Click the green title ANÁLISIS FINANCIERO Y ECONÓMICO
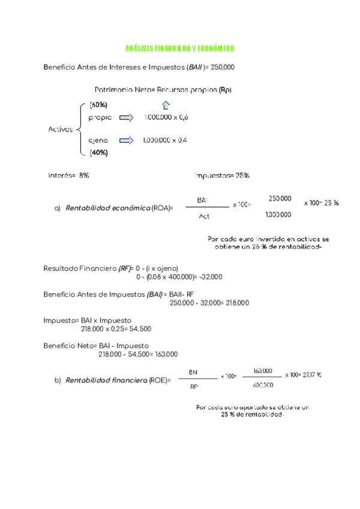point(179,48)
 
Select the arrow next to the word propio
point(126,118)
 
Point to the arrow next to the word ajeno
point(126,140)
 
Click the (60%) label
point(98,105)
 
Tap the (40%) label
point(98,152)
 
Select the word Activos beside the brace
point(61,129)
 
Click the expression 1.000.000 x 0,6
point(166,118)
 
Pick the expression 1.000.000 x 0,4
point(165,140)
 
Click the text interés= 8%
point(69,175)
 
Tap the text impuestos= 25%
point(222,175)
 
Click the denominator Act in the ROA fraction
point(204,216)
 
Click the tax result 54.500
point(140,329)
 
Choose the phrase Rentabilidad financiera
point(106,380)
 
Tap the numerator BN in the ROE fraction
point(193,372)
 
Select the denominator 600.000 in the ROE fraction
point(263,385)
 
